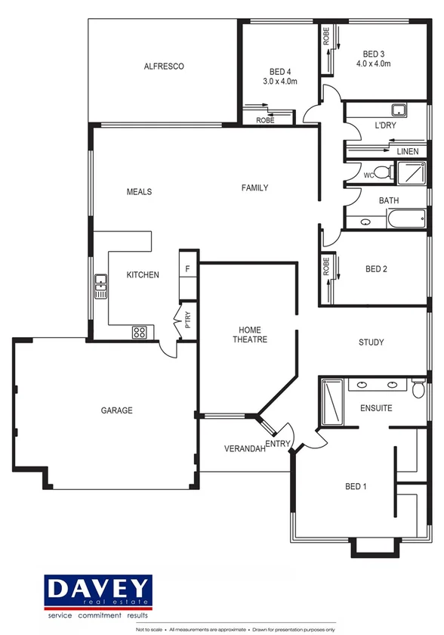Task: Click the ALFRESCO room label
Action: (x=164, y=67)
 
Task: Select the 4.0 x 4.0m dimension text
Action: (x=374, y=63)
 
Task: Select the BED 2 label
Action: (x=376, y=269)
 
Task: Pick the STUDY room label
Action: (x=371, y=342)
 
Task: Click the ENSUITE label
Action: (x=376, y=408)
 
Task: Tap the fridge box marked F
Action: (x=187, y=268)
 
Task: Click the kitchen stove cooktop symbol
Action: (x=140, y=331)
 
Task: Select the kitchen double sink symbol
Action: (x=100, y=286)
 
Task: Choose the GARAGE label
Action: (x=117, y=410)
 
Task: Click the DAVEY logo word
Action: (x=99, y=588)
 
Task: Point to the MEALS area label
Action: (x=139, y=192)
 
